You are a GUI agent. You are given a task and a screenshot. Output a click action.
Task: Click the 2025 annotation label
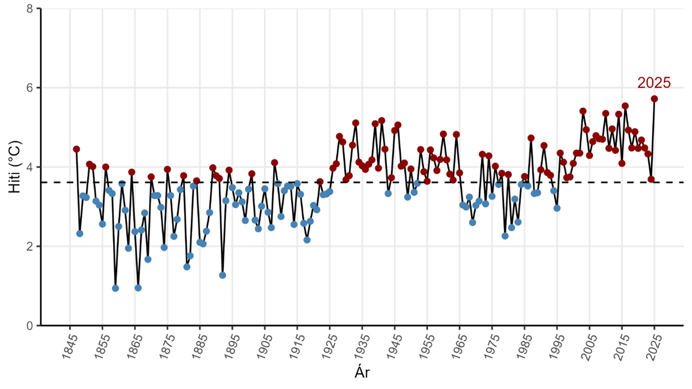click(654, 83)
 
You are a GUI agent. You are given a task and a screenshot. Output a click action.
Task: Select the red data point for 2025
click(654, 99)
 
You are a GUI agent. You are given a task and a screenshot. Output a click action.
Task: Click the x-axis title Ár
click(362, 372)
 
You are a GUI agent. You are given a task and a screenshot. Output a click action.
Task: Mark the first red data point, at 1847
click(76, 149)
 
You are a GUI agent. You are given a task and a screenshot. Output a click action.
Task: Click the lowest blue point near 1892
click(222, 275)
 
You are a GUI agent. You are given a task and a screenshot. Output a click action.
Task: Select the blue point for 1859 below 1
click(115, 288)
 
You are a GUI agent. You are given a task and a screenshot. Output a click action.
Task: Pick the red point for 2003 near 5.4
click(583, 111)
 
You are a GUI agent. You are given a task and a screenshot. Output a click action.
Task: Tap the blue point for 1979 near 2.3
click(505, 236)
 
